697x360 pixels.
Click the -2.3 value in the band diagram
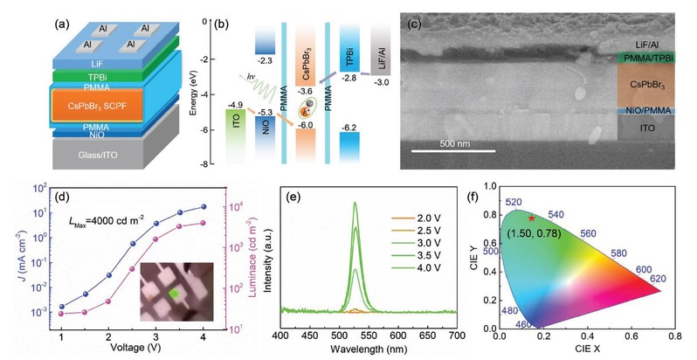point(266,59)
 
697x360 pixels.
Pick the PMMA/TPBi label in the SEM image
point(646,59)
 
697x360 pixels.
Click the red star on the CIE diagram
point(531,218)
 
